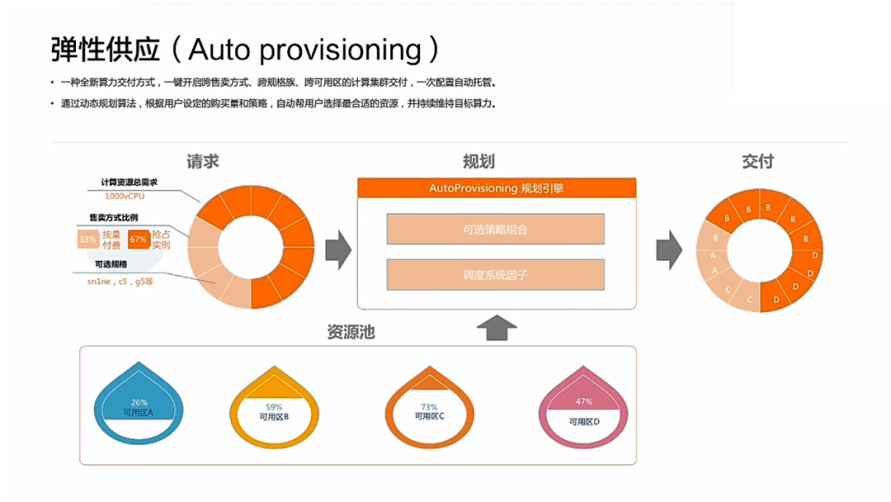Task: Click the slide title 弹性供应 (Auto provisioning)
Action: pyautogui.click(x=245, y=50)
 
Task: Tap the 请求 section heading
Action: pyautogui.click(x=203, y=161)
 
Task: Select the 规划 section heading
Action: pyautogui.click(x=478, y=161)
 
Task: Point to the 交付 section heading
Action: pyautogui.click(x=757, y=161)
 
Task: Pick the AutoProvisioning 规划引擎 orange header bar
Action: pyautogui.click(x=496, y=188)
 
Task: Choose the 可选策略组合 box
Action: pyautogui.click(x=495, y=230)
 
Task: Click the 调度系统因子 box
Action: pyautogui.click(x=495, y=275)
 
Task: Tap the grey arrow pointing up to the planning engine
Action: pyautogui.click(x=497, y=327)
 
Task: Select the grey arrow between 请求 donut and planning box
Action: pyautogui.click(x=338, y=250)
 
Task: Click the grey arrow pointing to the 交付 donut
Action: pyautogui.click(x=669, y=249)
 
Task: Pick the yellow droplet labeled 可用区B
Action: pyautogui.click(x=274, y=409)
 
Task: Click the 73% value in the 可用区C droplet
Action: pyautogui.click(x=429, y=407)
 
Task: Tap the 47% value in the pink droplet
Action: pyautogui.click(x=584, y=402)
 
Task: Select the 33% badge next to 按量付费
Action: pyautogui.click(x=87, y=239)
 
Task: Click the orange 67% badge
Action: pyautogui.click(x=138, y=239)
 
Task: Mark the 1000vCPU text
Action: pyautogui.click(x=124, y=197)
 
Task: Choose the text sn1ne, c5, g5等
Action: pyautogui.click(x=120, y=282)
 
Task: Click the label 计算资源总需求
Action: pyautogui.click(x=129, y=182)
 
